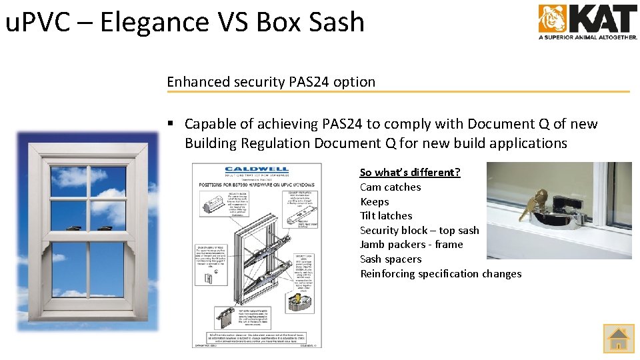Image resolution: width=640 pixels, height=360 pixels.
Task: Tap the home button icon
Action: [619, 339]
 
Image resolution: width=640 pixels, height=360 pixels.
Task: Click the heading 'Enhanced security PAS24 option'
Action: [271, 82]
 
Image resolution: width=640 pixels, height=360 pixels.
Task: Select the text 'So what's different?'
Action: [410, 172]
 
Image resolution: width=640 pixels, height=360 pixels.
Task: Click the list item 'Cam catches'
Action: [391, 187]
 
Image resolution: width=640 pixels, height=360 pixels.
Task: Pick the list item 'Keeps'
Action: [375, 201]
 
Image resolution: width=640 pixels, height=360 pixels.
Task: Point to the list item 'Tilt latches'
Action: [386, 215]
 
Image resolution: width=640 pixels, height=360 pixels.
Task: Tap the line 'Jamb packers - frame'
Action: [411, 244]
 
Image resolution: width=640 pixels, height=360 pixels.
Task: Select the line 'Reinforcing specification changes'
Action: [441, 273]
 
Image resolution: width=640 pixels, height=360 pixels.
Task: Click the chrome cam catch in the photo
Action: [560, 217]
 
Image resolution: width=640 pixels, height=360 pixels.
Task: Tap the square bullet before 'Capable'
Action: [171, 124]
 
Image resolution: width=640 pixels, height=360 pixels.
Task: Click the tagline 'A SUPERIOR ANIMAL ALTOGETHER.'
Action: [588, 37]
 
